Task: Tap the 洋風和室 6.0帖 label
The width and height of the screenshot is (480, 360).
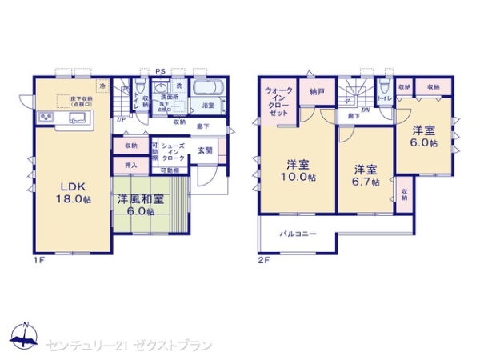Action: tap(141, 205)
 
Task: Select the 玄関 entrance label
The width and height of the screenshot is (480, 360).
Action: tap(204, 150)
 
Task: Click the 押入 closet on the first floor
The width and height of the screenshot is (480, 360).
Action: tap(130, 165)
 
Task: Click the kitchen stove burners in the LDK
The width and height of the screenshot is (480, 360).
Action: tap(45, 120)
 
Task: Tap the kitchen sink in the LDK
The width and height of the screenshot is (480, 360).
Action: tap(78, 120)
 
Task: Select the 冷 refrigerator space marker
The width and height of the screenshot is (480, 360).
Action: tap(102, 84)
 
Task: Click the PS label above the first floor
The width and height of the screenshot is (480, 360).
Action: tap(160, 70)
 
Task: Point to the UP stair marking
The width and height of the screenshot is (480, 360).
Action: tap(120, 119)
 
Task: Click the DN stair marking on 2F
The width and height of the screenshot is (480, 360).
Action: tap(365, 110)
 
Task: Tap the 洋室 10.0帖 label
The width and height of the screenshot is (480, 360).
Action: tap(298, 171)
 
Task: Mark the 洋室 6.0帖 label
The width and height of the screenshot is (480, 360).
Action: tap(424, 136)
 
